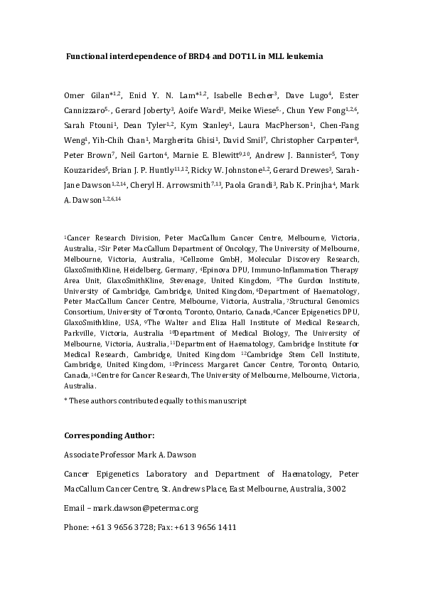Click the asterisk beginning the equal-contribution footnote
click(x=66, y=401)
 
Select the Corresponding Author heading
click(x=109, y=435)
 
